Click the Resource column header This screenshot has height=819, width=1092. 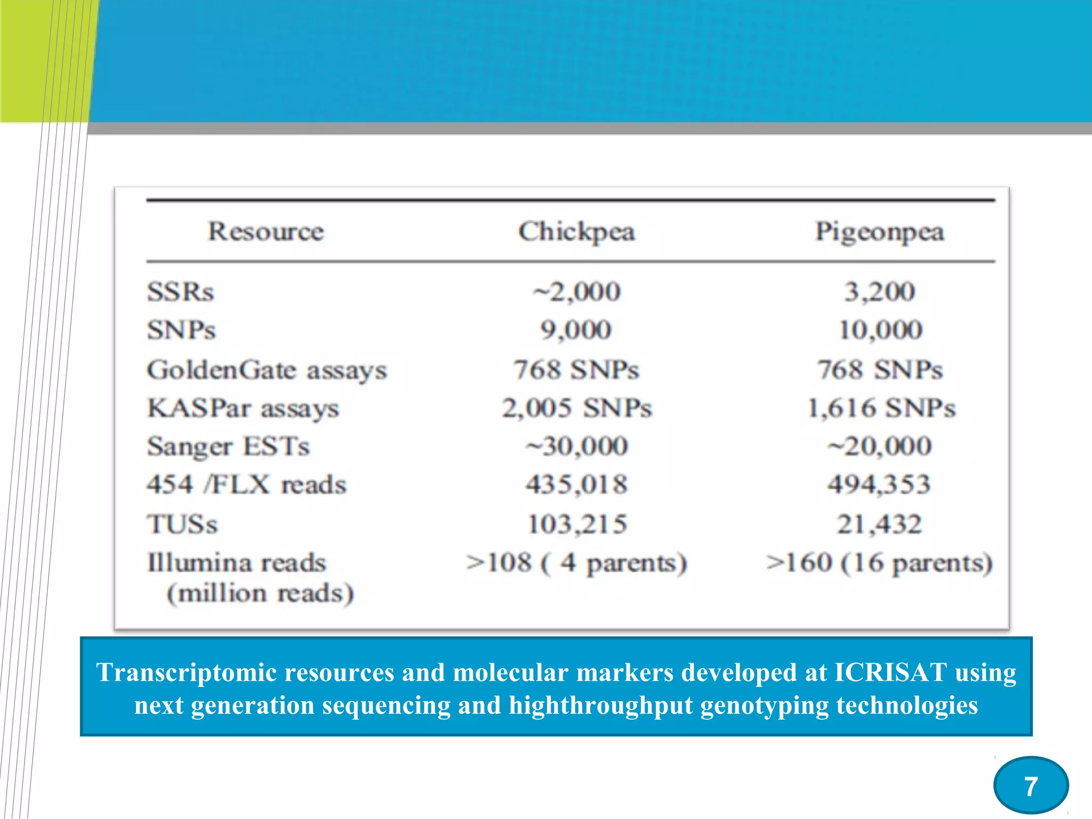point(266,232)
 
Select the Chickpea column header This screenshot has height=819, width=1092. point(576,232)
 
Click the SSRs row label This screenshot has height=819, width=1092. point(180,292)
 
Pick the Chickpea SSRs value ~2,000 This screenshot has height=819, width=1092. point(576,292)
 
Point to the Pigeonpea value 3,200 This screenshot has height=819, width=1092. point(880,292)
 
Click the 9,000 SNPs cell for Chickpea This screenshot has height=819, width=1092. point(576,330)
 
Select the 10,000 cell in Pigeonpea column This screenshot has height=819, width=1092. point(880,330)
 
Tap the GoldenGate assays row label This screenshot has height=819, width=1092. point(267,370)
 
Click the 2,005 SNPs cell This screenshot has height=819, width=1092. point(576,408)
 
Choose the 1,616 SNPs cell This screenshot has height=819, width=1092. point(881,408)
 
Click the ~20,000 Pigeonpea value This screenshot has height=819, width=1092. point(880,446)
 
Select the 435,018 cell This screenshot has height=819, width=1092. point(576,485)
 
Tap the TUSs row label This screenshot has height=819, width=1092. point(182,524)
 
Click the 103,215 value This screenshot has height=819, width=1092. point(577,524)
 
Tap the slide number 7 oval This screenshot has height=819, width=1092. point(1031,786)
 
